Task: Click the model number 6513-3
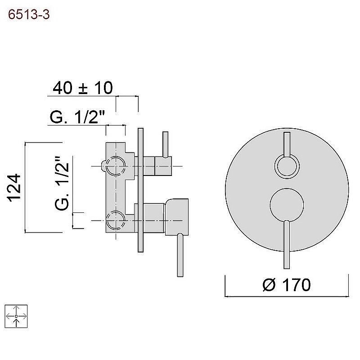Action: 29,15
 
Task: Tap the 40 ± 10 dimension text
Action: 83,88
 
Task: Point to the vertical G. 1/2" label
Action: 62,183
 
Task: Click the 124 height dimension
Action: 14,188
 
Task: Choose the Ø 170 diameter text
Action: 287,285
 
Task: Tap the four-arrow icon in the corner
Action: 16,316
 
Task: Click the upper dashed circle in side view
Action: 116,166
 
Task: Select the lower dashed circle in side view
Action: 116,220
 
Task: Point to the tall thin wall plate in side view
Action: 140,190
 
